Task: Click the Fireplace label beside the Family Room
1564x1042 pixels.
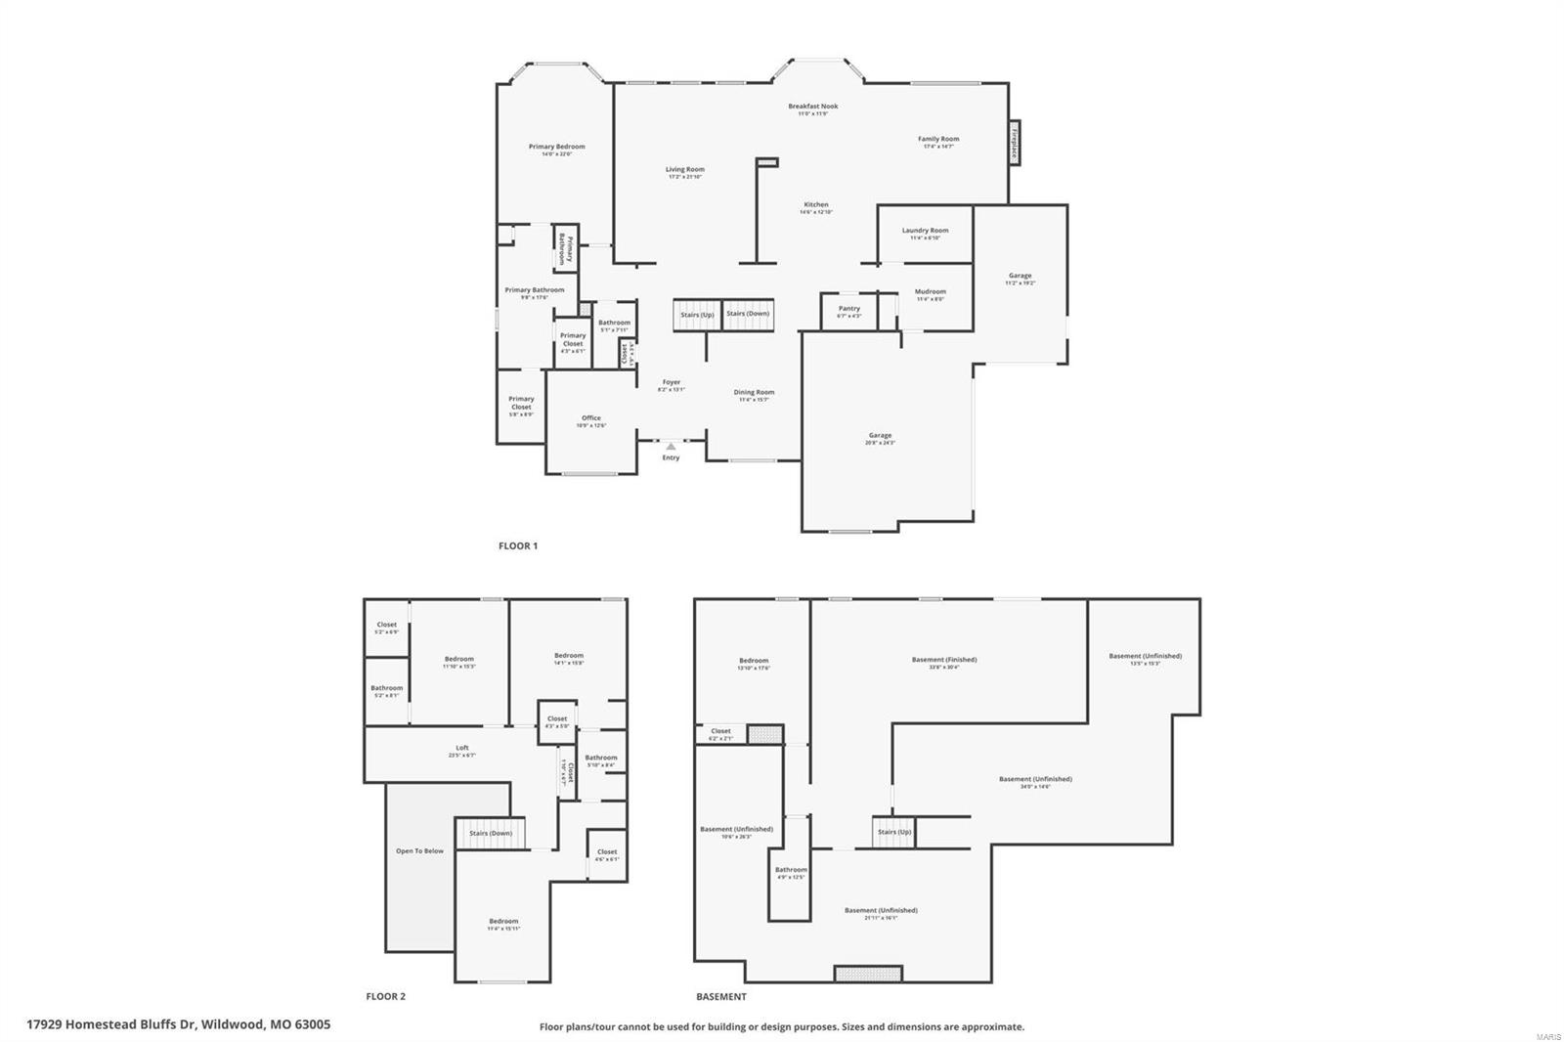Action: pyautogui.click(x=1015, y=143)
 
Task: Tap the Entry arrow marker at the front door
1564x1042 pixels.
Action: pyautogui.click(x=671, y=447)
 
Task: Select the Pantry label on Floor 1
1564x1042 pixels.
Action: pyautogui.click(x=849, y=309)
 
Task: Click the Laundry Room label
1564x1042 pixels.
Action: pyautogui.click(x=925, y=231)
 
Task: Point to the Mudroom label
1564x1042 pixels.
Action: pyautogui.click(x=930, y=291)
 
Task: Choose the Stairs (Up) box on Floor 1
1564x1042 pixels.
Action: pyautogui.click(x=697, y=315)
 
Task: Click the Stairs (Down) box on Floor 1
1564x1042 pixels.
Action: pyautogui.click(x=748, y=314)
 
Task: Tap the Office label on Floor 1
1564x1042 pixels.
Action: pyautogui.click(x=591, y=418)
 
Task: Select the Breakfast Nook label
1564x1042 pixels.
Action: pyautogui.click(x=813, y=107)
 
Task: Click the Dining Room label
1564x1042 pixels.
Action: pyautogui.click(x=754, y=393)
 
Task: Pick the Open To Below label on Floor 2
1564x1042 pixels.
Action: pyautogui.click(x=419, y=850)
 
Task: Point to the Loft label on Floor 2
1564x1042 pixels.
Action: pyautogui.click(x=462, y=749)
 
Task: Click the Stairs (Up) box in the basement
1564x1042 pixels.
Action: pyautogui.click(x=893, y=832)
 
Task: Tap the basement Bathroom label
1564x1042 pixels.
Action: pyautogui.click(x=791, y=870)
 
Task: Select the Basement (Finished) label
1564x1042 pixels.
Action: pyautogui.click(x=944, y=660)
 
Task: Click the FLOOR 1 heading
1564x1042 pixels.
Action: pyautogui.click(x=518, y=546)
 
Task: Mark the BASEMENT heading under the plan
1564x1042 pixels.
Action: pyautogui.click(x=721, y=997)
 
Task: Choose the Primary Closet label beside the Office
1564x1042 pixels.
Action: pyautogui.click(x=521, y=403)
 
